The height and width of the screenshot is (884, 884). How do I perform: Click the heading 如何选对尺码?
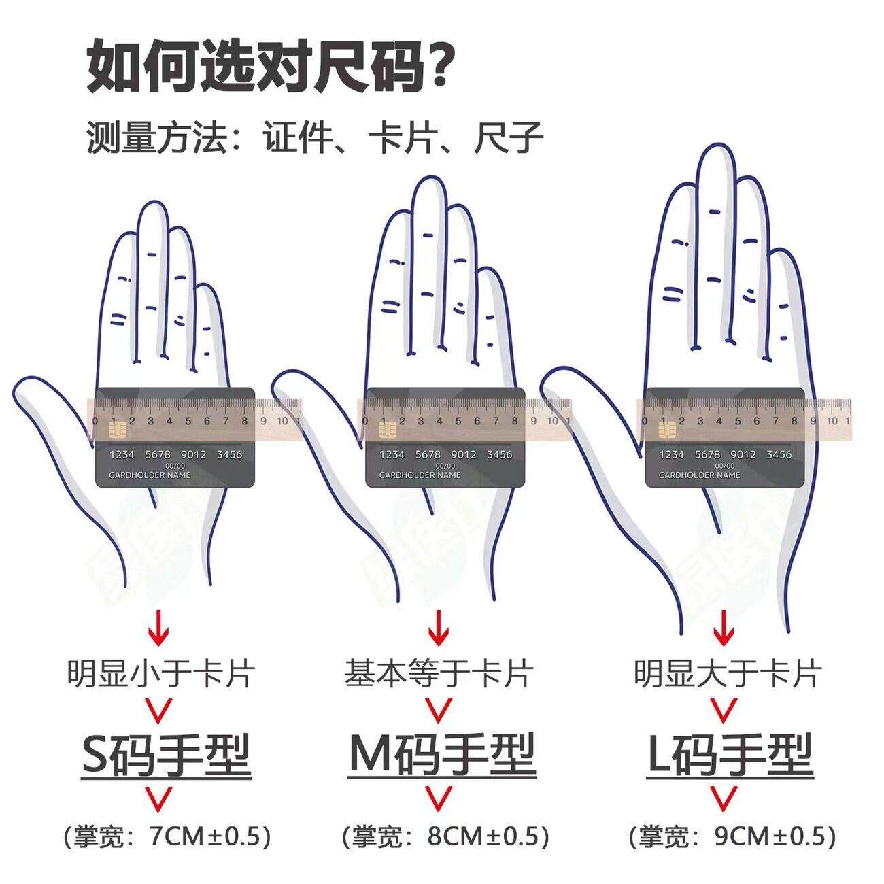[x=269, y=66]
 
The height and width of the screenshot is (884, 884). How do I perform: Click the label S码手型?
[x=167, y=757]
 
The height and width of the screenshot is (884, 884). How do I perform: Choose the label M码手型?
[x=442, y=757]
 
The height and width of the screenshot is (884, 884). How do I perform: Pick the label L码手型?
[x=730, y=757]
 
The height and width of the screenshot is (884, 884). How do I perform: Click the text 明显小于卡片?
[x=161, y=674]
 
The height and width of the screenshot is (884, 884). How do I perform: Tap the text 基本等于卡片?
[x=439, y=674]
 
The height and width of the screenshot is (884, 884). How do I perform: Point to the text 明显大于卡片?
[x=728, y=674]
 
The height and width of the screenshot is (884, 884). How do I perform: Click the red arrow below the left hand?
[x=159, y=628]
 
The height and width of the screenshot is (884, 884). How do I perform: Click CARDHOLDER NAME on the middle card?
[x=420, y=475]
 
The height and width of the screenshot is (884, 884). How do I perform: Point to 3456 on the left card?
[x=229, y=454]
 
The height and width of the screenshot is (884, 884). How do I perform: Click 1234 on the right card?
[x=671, y=454]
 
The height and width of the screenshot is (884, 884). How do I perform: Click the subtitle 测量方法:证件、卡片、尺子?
[x=315, y=137]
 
